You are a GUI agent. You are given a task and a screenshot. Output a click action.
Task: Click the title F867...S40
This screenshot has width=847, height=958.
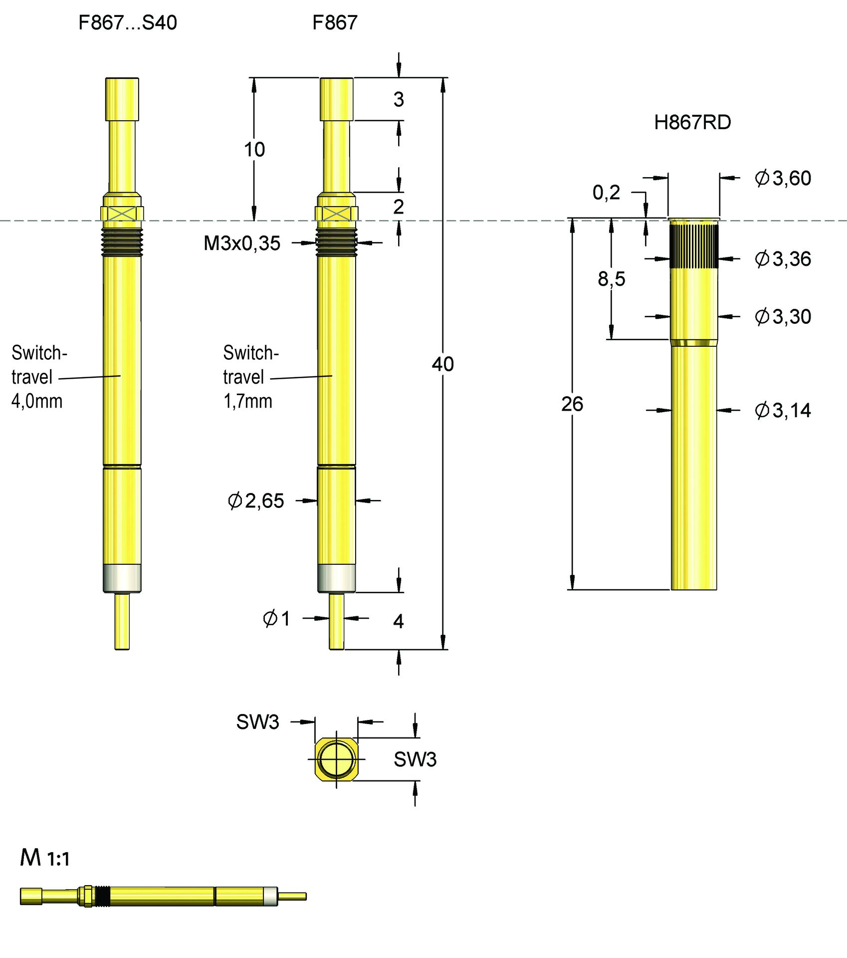pyautogui.click(x=128, y=23)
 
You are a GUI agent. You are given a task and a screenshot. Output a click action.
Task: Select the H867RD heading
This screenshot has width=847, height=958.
pyautogui.click(x=692, y=123)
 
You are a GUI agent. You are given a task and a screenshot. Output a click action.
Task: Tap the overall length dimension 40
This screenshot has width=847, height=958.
pyautogui.click(x=442, y=364)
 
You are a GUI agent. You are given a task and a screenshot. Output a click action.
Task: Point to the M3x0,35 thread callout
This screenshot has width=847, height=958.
pyautogui.click(x=242, y=243)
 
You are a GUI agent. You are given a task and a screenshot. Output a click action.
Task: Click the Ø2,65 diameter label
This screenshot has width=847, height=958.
pyautogui.click(x=256, y=501)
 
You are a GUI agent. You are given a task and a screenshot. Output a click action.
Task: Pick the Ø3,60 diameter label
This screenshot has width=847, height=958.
pyautogui.click(x=783, y=179)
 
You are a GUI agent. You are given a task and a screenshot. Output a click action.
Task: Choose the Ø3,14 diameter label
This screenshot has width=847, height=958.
pyautogui.click(x=783, y=411)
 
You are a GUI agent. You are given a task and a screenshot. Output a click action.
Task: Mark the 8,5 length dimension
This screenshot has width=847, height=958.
pyautogui.click(x=611, y=279)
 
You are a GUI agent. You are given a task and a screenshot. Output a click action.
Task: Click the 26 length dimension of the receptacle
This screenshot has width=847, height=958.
pyautogui.click(x=572, y=404)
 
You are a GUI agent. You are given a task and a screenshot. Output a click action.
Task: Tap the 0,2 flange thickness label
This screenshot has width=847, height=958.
pyautogui.click(x=606, y=193)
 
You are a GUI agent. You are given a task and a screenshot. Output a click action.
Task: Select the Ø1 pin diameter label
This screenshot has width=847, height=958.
pyautogui.click(x=276, y=619)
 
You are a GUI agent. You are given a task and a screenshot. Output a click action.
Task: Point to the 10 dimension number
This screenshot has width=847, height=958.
pyautogui.click(x=254, y=150)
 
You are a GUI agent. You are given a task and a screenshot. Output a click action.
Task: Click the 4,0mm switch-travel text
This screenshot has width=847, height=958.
pyautogui.click(x=37, y=402)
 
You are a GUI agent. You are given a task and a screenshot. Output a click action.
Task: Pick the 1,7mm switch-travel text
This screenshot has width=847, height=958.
pyautogui.click(x=248, y=402)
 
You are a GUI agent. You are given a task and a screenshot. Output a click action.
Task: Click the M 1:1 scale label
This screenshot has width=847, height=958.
pyautogui.click(x=45, y=858)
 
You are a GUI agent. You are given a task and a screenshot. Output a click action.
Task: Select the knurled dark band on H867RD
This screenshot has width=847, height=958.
pyautogui.click(x=694, y=246)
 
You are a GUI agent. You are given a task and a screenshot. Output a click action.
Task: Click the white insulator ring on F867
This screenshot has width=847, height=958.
pyautogui.click(x=337, y=578)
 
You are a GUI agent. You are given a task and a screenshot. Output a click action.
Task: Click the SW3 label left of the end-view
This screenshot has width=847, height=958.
pyautogui.click(x=257, y=722)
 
